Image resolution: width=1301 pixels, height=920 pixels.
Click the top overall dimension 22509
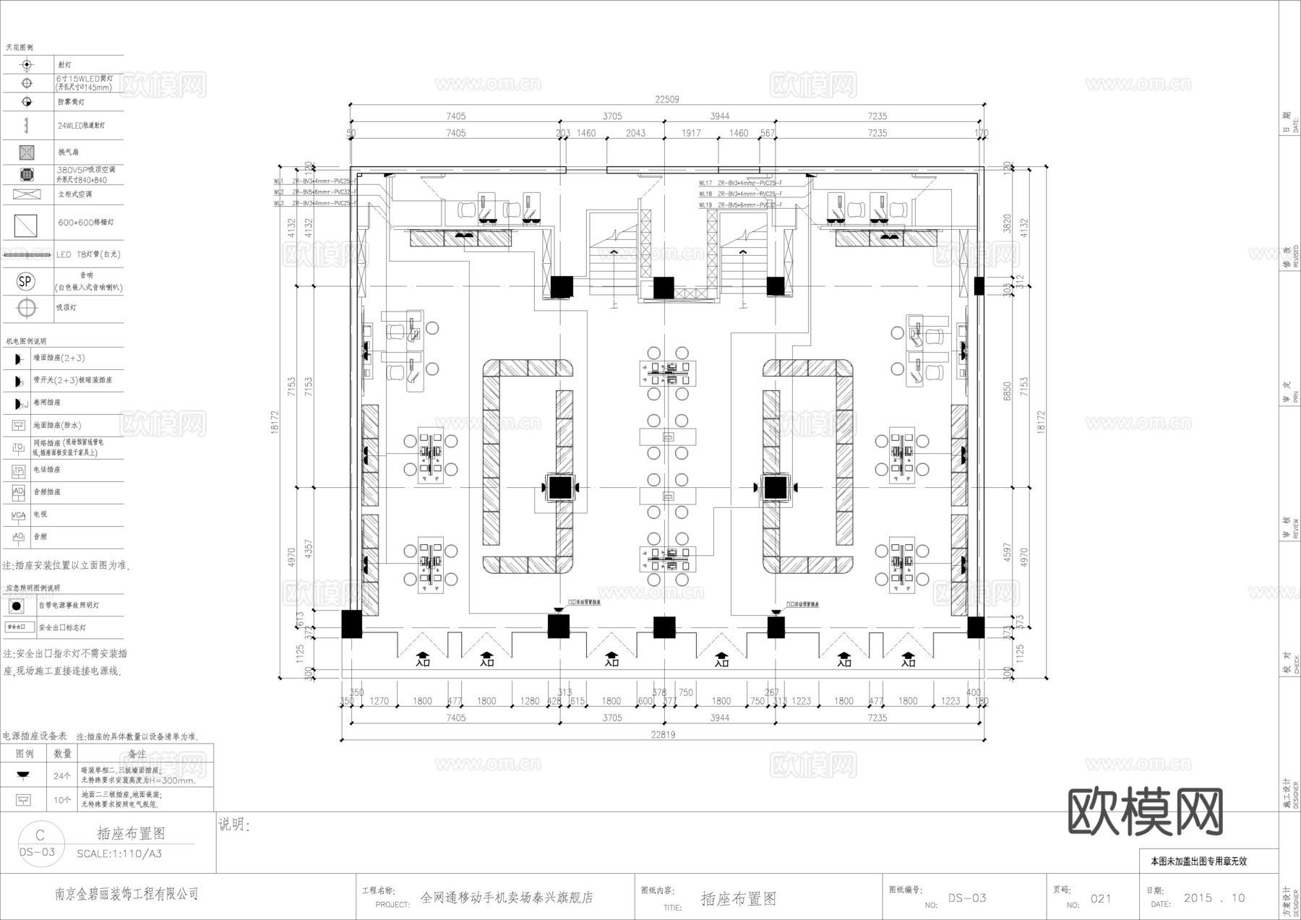point(666,100)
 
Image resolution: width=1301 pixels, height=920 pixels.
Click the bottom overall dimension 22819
point(662,735)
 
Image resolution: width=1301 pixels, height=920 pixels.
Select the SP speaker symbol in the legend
point(26,281)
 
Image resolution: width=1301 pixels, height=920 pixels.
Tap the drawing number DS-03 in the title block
point(967,898)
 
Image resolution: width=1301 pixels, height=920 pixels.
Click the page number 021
point(1101,898)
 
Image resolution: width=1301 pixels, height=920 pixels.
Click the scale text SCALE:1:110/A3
point(119,854)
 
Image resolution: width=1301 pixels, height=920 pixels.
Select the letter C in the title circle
point(40,835)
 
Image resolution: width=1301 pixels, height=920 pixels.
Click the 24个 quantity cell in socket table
point(62,776)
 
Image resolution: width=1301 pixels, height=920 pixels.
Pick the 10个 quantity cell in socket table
point(62,800)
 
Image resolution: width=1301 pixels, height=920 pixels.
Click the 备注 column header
point(137,754)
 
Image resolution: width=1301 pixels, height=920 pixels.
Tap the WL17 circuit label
point(705,184)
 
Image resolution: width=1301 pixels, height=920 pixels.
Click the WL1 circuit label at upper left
point(278,182)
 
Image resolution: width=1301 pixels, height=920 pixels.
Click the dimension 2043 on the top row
point(635,133)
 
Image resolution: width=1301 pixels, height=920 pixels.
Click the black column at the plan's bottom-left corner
point(351,624)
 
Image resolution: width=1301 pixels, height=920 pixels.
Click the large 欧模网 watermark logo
point(1146,812)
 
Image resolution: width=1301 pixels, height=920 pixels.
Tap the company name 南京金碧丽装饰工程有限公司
point(127,895)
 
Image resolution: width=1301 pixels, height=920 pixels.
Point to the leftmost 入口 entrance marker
point(424,660)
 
